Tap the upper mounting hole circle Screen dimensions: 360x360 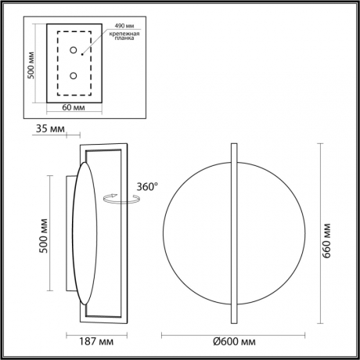click(73, 51)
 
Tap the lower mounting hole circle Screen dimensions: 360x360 click(73, 76)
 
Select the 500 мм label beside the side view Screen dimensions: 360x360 click(45, 236)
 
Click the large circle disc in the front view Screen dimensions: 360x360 click(196, 235)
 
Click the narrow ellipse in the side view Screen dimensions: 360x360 click(85, 235)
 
